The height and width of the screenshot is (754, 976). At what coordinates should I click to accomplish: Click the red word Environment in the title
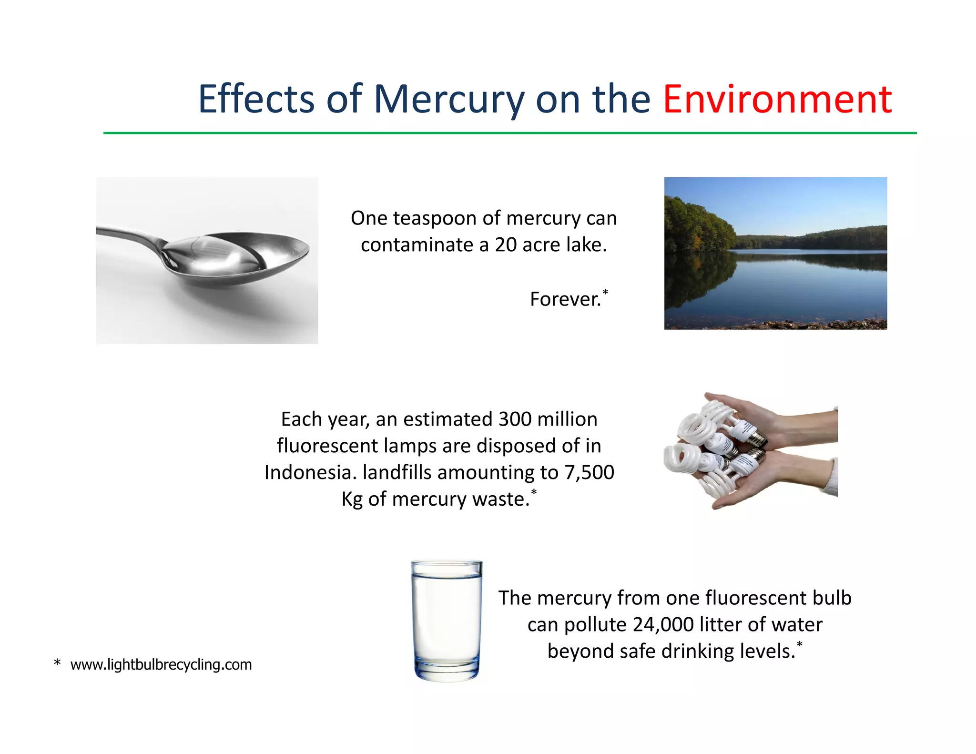[x=777, y=100]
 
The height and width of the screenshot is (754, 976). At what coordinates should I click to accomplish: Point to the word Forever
[x=566, y=299]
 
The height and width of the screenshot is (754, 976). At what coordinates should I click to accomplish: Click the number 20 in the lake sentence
[x=506, y=245]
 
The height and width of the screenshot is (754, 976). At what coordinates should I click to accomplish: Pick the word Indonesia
[x=310, y=473]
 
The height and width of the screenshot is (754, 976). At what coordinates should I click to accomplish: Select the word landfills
[x=397, y=473]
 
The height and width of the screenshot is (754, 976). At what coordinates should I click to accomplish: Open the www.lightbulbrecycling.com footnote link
[x=161, y=664]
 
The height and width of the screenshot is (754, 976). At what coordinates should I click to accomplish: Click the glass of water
[x=447, y=620]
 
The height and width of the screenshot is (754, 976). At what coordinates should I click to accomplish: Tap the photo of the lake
[x=775, y=253]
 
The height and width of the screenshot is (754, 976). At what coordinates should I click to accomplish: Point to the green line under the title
[x=510, y=133]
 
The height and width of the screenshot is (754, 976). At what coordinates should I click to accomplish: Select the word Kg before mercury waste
[x=352, y=499]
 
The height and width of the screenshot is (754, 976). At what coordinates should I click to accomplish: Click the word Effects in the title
[x=256, y=100]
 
